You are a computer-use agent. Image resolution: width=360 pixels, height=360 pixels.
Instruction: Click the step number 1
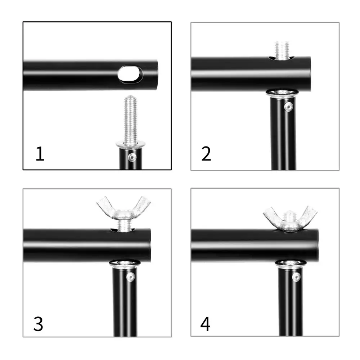click(40, 154)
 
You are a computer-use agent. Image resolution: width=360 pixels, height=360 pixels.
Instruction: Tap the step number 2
click(206, 154)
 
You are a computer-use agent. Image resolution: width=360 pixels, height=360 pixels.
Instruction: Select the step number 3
click(38, 324)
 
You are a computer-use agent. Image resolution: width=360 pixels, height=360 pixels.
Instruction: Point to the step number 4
click(205, 324)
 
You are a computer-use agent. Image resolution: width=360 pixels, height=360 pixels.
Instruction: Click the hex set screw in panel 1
click(132, 157)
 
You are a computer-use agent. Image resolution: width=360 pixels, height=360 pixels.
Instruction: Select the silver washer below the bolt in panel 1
click(130, 144)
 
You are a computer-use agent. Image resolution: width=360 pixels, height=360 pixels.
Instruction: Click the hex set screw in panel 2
click(288, 106)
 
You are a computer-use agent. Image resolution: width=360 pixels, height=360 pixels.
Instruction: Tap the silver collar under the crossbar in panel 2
click(282, 94)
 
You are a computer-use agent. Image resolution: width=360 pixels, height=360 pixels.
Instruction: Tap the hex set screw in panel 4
click(296, 277)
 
